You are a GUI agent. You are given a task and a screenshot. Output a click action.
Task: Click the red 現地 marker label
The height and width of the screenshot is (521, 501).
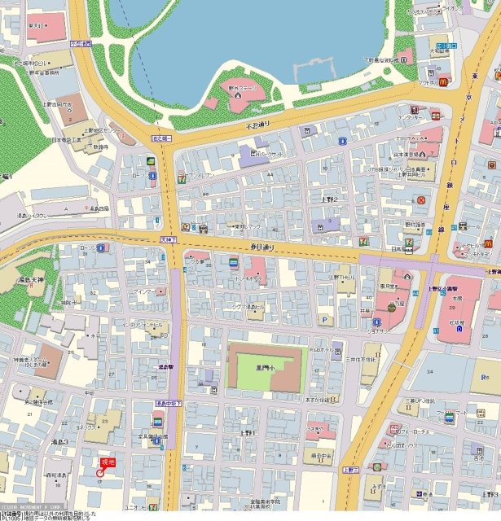[x=108, y=462]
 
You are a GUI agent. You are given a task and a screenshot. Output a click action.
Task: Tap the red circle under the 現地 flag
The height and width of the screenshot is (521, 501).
[x=100, y=473]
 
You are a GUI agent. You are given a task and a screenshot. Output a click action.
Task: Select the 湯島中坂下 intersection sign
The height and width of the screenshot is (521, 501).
[x=169, y=403]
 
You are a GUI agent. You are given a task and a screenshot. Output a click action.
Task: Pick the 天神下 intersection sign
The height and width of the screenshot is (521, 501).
[x=168, y=239]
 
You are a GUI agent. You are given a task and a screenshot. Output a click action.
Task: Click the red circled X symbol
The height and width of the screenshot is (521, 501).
[x=421, y=199]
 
